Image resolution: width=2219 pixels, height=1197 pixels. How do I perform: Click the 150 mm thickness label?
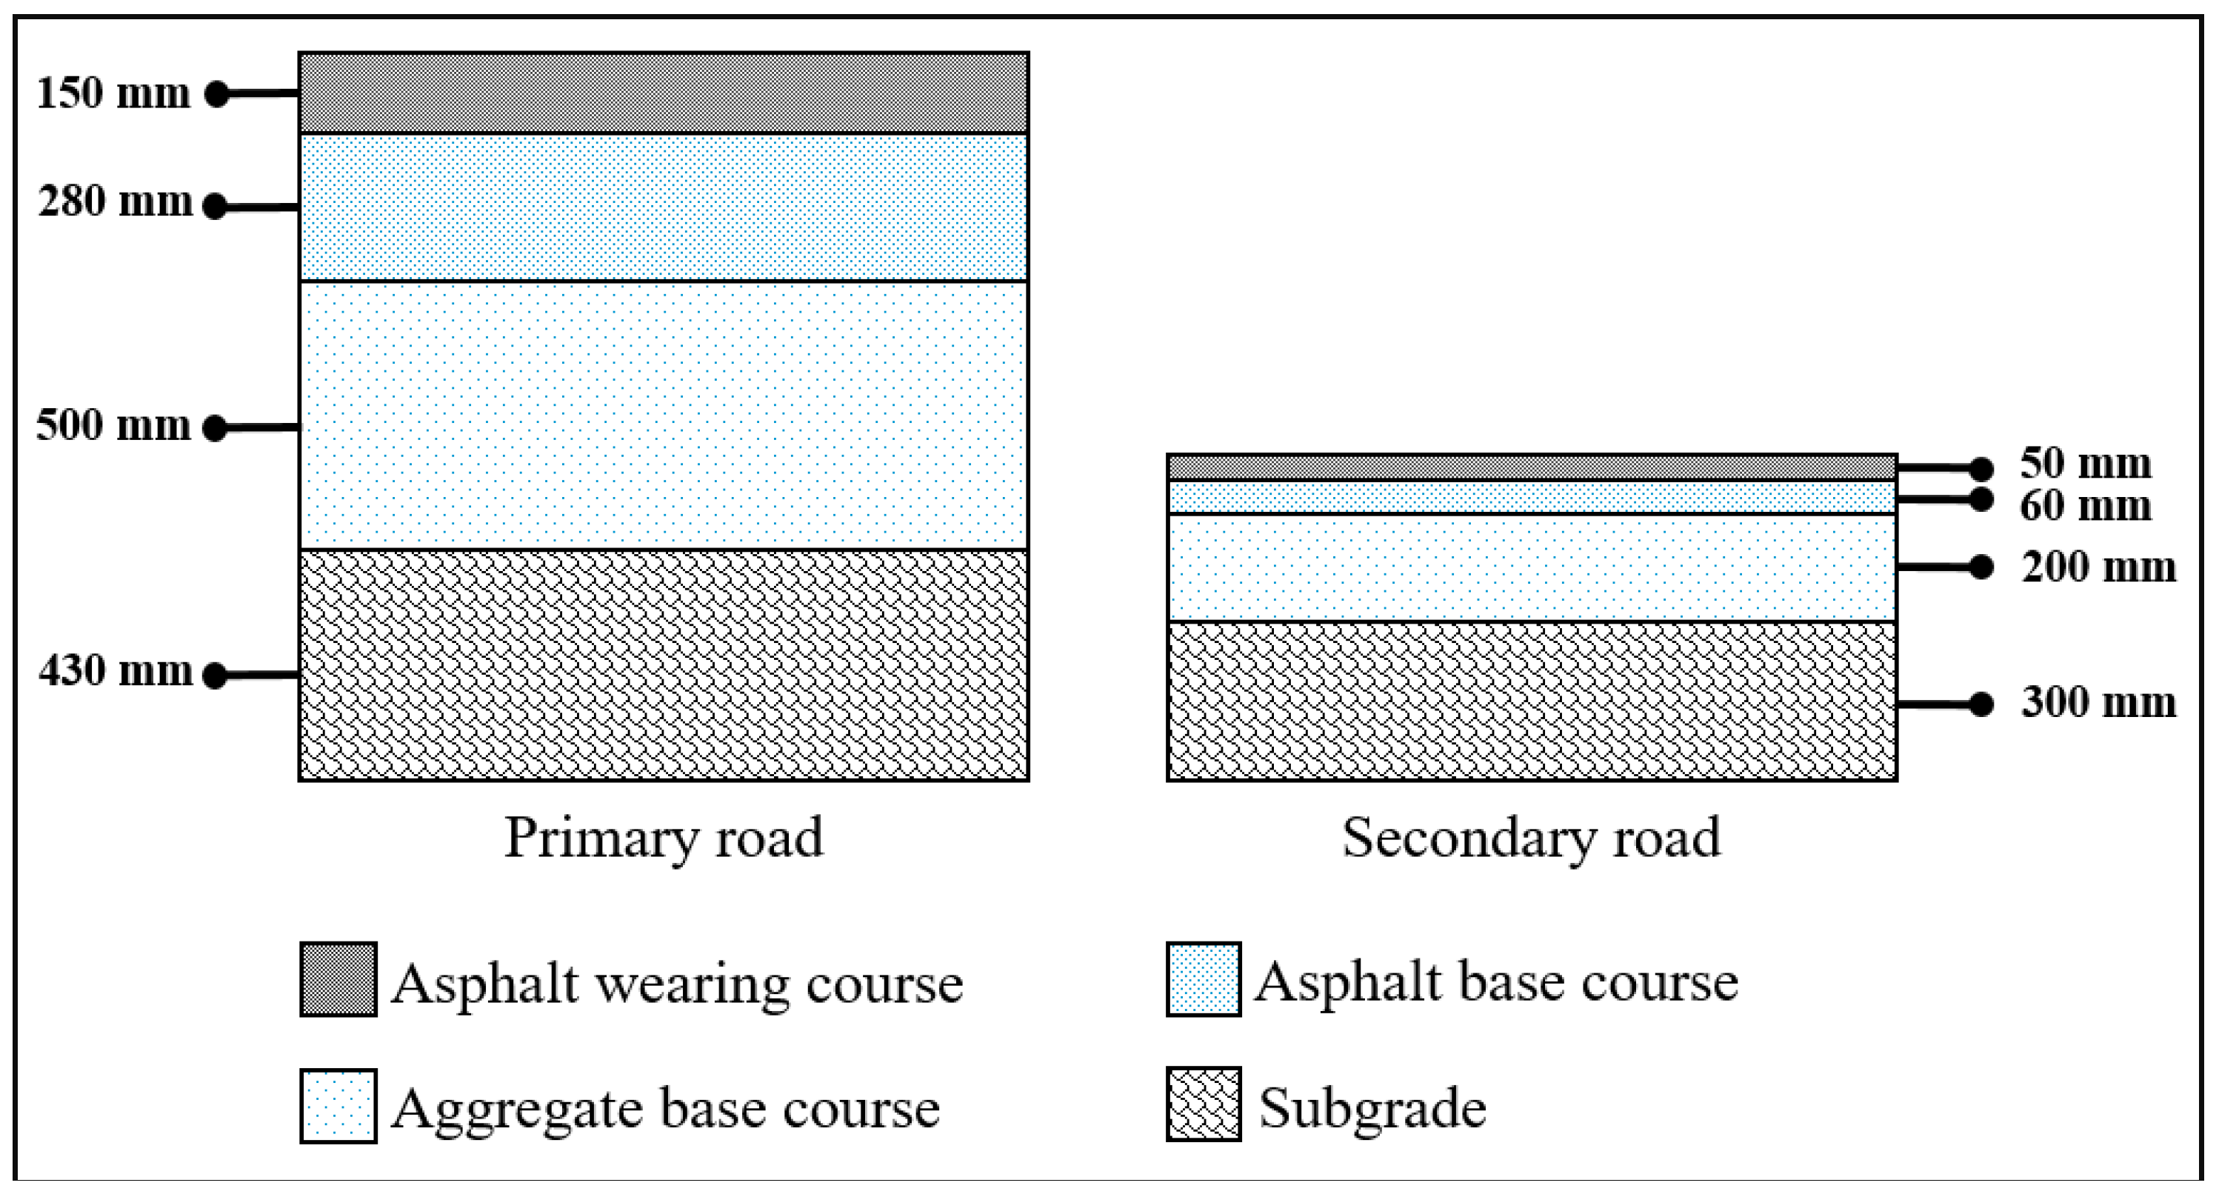tap(113, 93)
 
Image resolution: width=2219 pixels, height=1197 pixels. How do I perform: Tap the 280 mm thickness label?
tap(115, 202)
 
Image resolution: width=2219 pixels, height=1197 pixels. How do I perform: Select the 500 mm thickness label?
tap(113, 426)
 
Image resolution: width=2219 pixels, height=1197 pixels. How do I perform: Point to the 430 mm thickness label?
tap(115, 670)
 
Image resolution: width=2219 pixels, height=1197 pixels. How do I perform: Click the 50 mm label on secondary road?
tap(2086, 464)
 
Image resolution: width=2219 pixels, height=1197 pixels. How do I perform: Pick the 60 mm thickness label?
tap(2086, 506)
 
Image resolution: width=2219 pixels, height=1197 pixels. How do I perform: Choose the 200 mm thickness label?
tap(2098, 567)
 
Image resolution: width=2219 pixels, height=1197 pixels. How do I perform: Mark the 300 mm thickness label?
tap(2098, 702)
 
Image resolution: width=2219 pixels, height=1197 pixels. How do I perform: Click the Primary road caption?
tap(664, 838)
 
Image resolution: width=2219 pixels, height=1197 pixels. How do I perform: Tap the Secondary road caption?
tap(1531, 838)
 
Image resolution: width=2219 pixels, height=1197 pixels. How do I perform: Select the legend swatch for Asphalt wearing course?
tap(338, 980)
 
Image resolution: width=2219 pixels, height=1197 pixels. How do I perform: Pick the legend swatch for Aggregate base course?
tap(338, 1106)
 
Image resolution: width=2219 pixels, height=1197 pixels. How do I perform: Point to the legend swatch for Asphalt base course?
tap(1204, 980)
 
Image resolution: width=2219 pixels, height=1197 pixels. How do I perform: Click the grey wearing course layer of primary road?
tap(664, 93)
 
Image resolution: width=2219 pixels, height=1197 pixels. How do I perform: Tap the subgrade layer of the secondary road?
tap(1531, 701)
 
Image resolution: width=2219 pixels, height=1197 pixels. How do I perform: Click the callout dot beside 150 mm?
tap(217, 93)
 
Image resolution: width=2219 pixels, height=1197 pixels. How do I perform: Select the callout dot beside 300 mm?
tap(1981, 704)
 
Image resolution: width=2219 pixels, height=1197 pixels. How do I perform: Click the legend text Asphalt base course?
tap(1496, 982)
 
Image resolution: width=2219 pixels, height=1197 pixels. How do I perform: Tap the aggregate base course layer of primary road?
tap(664, 416)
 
